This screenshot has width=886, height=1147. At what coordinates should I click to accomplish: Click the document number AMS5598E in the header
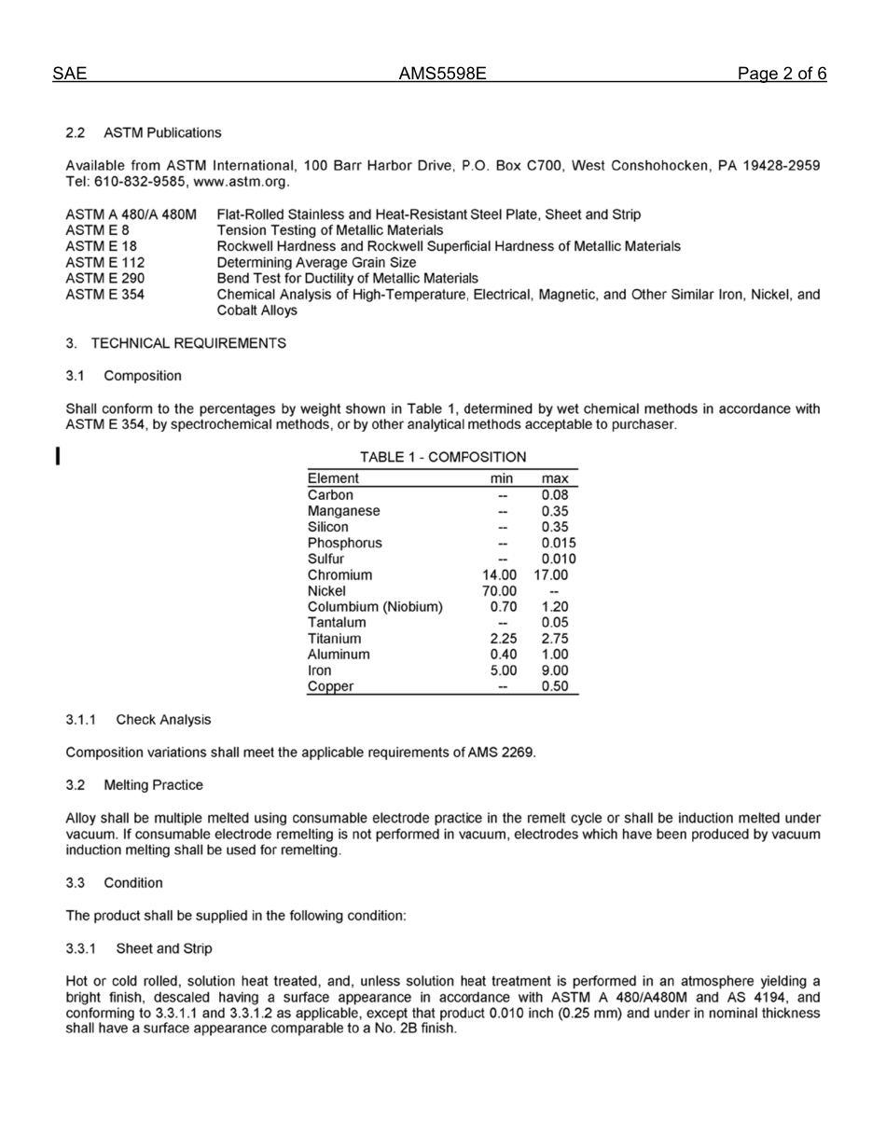pyautogui.click(x=442, y=75)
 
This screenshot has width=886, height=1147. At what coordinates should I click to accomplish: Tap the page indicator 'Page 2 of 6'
pyautogui.click(x=781, y=75)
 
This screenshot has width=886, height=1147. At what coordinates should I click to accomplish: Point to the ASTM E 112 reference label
pyautogui.click(x=104, y=262)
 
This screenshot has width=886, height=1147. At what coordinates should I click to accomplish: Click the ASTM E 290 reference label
pyautogui.click(x=104, y=278)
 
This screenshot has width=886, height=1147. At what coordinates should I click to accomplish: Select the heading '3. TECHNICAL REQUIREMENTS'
pyautogui.click(x=175, y=343)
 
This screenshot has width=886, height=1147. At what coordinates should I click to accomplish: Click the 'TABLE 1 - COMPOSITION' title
pyautogui.click(x=443, y=457)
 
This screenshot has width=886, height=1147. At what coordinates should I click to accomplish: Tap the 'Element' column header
pyautogui.click(x=333, y=478)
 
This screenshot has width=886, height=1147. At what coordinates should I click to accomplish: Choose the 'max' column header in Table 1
pyautogui.click(x=555, y=478)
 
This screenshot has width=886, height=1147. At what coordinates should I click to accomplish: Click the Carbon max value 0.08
pyautogui.click(x=555, y=495)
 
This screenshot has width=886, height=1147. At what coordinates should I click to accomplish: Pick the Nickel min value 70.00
pyautogui.click(x=498, y=590)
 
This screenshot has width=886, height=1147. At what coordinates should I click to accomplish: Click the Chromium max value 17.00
pyautogui.click(x=550, y=574)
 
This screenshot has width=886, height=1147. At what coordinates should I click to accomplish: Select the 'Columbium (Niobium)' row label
pyautogui.click(x=375, y=606)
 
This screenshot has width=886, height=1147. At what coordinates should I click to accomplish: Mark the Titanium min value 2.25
pyautogui.click(x=504, y=638)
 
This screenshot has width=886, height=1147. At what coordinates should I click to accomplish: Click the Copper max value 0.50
pyautogui.click(x=555, y=686)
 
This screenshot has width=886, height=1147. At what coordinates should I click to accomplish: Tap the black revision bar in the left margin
pyautogui.click(x=59, y=456)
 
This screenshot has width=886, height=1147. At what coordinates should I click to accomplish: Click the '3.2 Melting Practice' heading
pyautogui.click(x=133, y=785)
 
